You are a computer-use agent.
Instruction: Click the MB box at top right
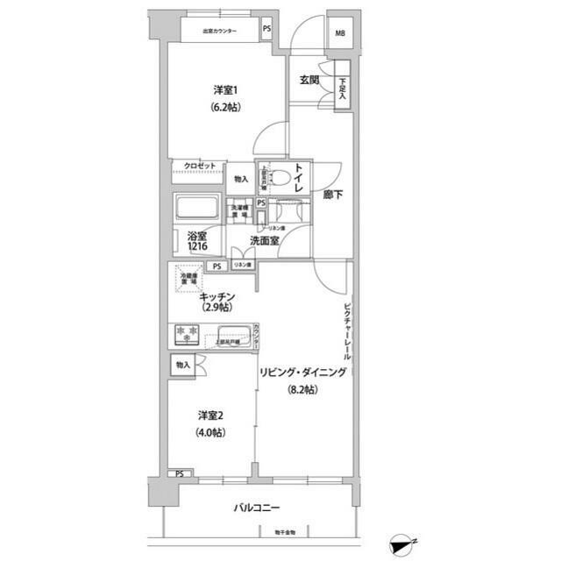[338, 35]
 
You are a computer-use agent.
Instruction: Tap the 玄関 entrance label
[309, 81]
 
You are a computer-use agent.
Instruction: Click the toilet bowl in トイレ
[280, 180]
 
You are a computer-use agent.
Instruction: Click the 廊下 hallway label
[332, 195]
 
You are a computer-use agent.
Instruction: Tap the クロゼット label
[199, 166]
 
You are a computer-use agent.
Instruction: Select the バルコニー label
[258, 508]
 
